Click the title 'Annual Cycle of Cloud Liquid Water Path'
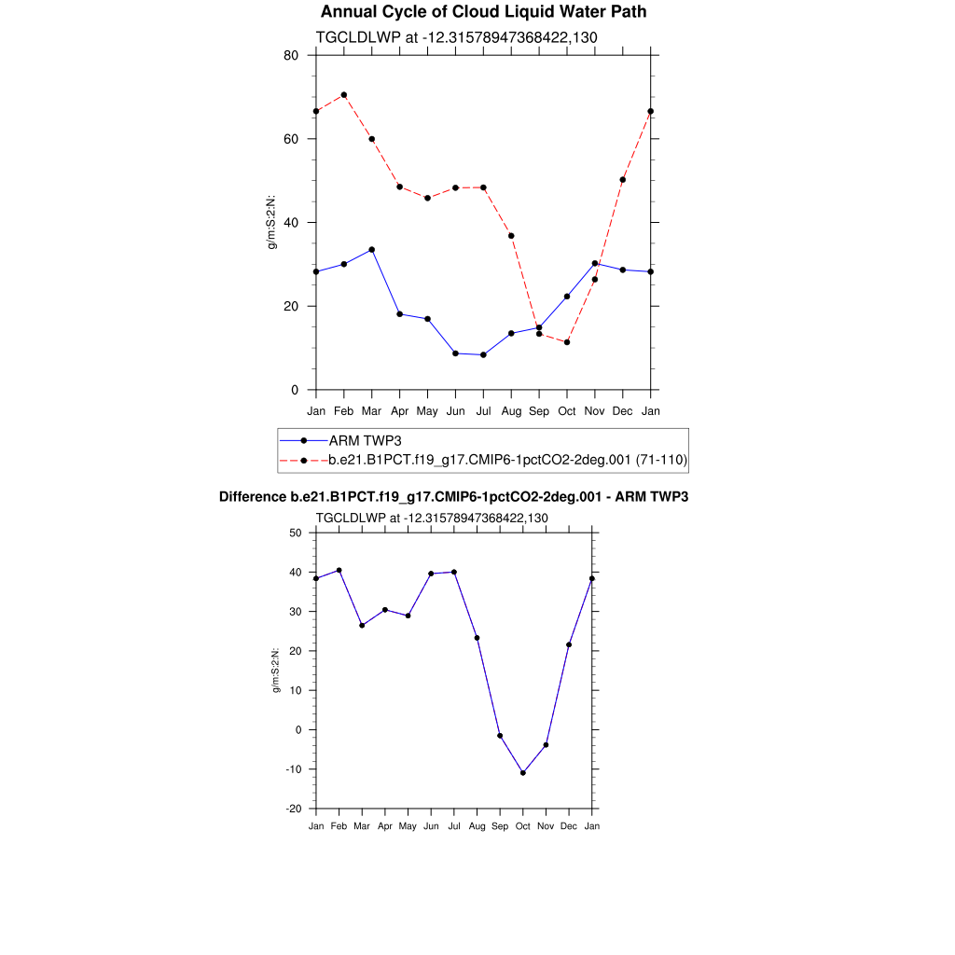483,12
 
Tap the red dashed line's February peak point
344,94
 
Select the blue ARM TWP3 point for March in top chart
371,250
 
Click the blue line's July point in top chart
483,354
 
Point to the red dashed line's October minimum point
567,342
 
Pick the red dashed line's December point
623,180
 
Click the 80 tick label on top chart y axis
291,55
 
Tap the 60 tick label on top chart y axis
291,139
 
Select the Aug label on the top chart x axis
511,410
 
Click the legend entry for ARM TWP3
365,440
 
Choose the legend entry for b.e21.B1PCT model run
508,460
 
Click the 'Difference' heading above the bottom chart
453,497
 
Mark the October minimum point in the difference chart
523,773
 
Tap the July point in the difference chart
454,572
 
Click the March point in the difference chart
362,625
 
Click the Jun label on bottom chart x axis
431,827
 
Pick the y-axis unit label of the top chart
271,222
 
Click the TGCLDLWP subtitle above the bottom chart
431,518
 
